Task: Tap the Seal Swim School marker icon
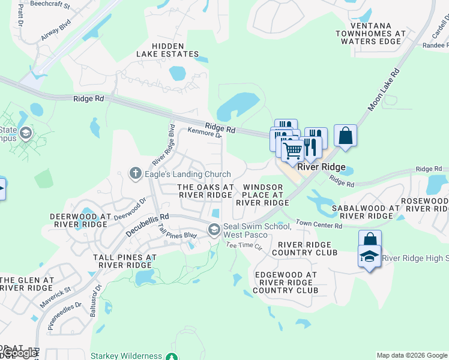(214, 230)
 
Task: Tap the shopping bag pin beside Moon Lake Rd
(346, 136)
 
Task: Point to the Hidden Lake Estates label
(175, 50)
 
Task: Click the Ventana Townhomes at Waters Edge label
(370, 34)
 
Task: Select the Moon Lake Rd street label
(385, 88)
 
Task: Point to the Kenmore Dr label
(205, 133)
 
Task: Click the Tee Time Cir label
(244, 246)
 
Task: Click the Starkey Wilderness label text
(126, 356)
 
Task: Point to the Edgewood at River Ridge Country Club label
(285, 283)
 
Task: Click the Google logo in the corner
(19, 353)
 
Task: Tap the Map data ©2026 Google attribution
(411, 355)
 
